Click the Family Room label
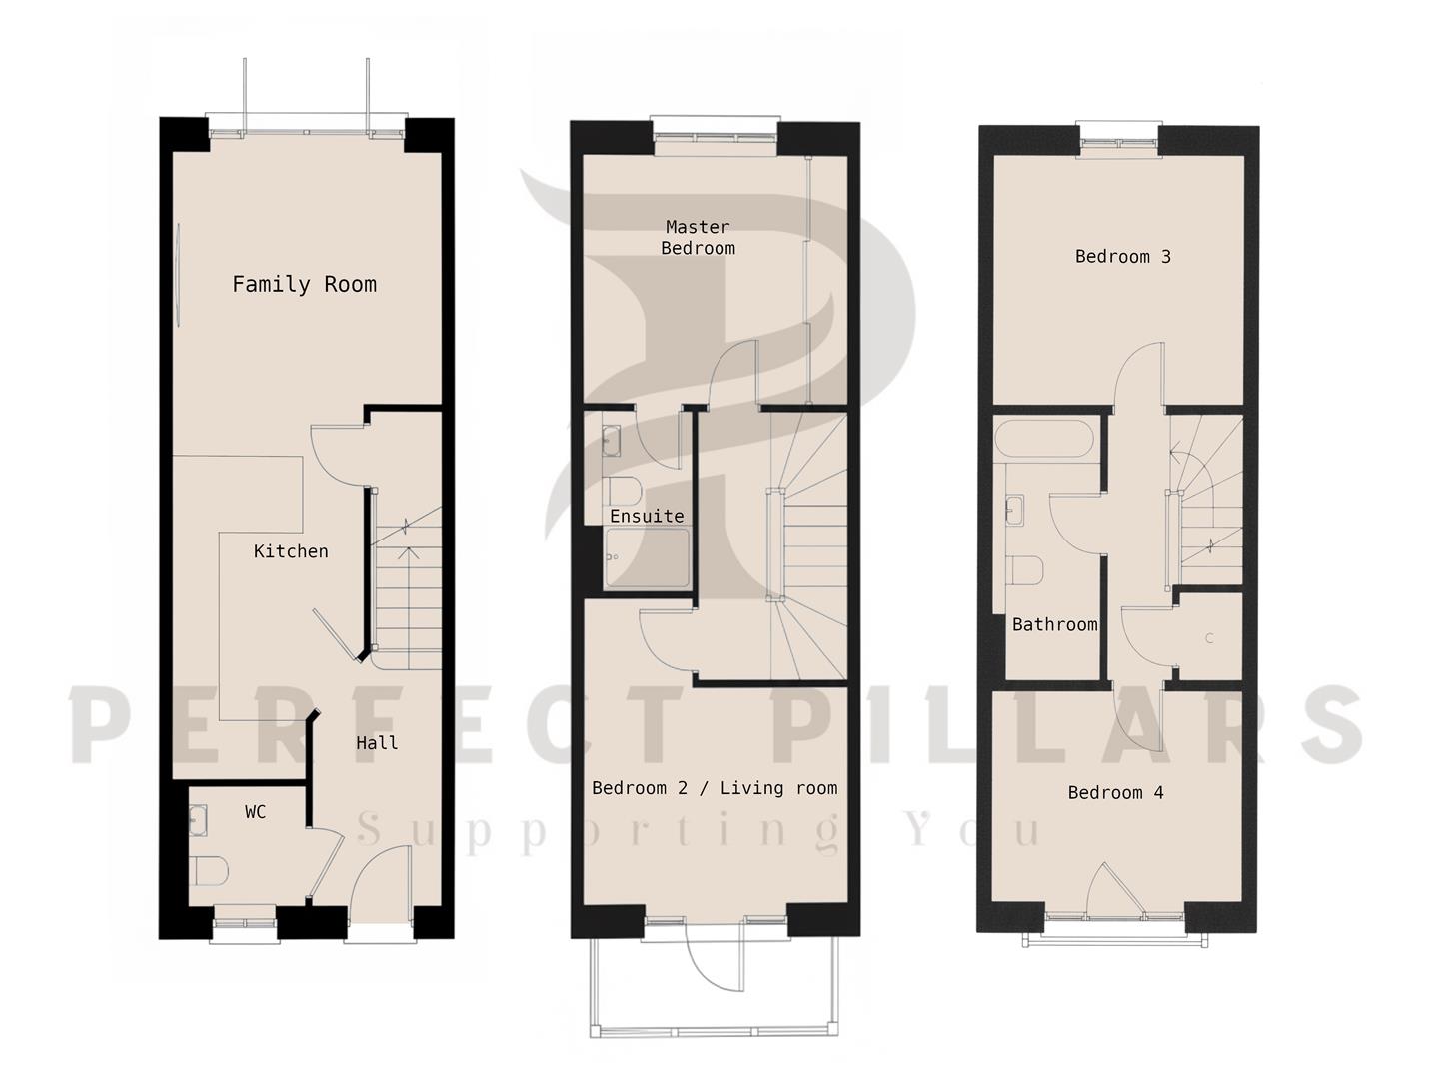305,285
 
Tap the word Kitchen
291,551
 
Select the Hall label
377,743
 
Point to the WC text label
256,812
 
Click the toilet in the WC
211,871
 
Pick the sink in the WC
198,820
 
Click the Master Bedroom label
699,237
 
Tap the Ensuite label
648,517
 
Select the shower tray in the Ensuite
648,557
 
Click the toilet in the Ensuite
624,491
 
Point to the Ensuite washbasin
611,441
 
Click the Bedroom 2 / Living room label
715,788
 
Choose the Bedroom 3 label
1123,256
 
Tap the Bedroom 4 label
1116,792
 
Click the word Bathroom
1055,625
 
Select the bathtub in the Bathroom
1043,439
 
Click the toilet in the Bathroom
1024,570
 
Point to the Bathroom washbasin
1014,511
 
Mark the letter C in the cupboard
1209,638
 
